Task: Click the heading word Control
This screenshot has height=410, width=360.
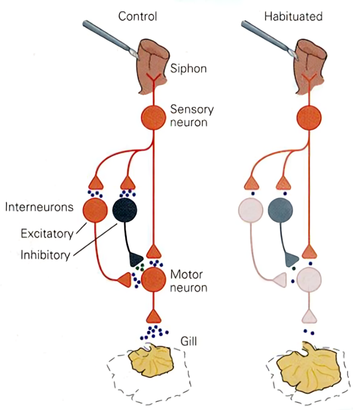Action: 137,16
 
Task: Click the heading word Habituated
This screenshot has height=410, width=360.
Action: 293,16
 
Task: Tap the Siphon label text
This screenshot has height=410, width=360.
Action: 190,68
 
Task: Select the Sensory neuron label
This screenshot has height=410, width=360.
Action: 192,115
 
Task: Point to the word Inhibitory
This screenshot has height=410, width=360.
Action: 45,255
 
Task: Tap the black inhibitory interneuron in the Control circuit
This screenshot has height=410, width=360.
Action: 125,210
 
